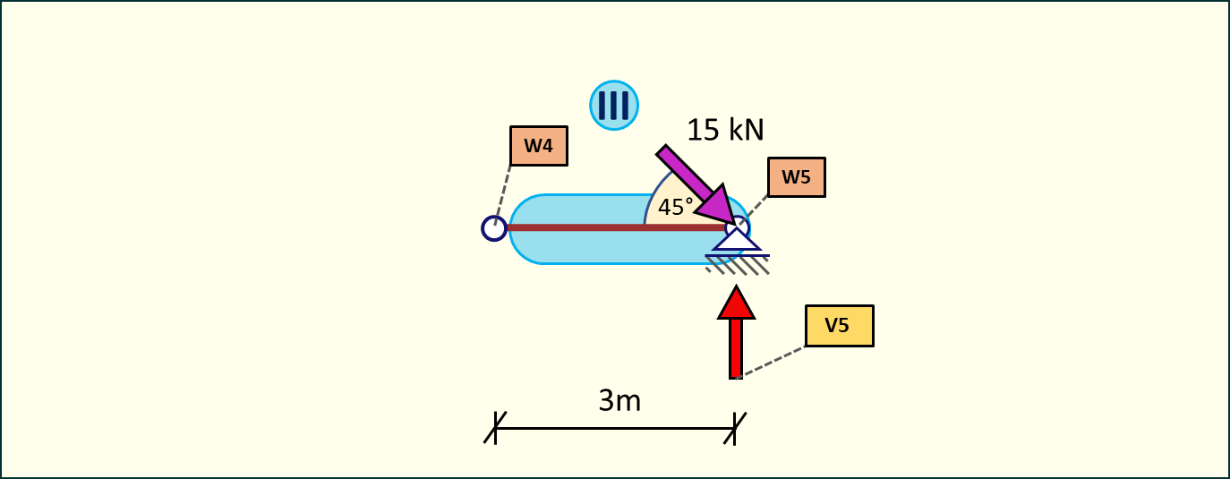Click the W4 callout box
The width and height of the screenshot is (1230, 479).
pos(538,146)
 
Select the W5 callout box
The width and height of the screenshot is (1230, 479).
pos(796,177)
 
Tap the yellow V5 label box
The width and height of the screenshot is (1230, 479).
pos(839,326)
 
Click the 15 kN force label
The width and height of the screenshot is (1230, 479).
pos(725,130)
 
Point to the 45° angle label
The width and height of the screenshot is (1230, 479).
pos(676,208)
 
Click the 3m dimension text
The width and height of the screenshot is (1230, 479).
pos(619,400)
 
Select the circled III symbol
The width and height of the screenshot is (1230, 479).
pos(613,105)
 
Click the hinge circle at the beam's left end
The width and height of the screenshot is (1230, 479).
pos(493,228)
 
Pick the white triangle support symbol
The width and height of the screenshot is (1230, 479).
pos(737,240)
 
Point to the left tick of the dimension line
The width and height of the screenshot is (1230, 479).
pos(495,427)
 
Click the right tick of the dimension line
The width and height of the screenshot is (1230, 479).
pos(735,427)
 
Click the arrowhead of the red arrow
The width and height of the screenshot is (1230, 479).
pos(736,303)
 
